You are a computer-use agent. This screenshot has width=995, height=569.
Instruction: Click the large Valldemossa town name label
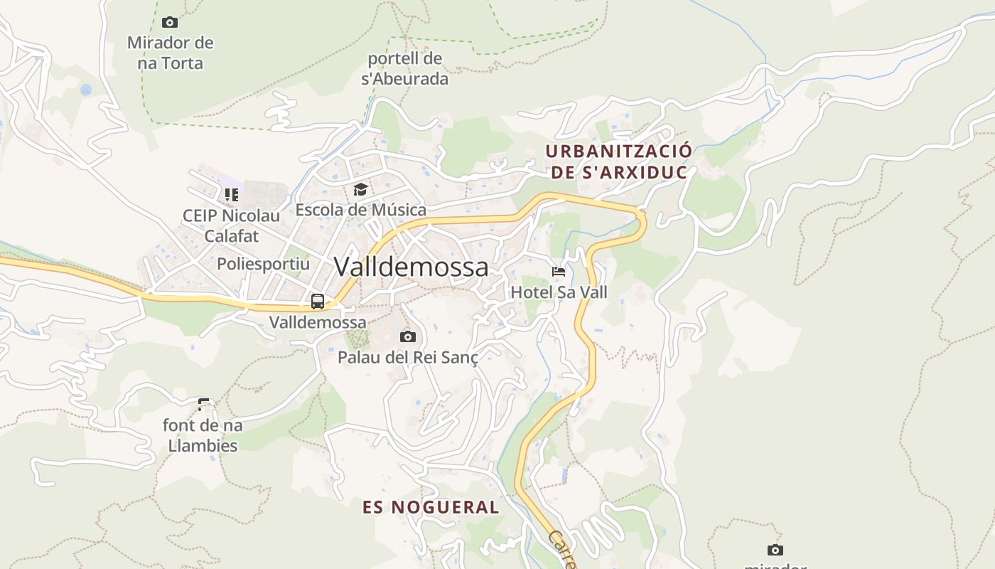click(x=411, y=267)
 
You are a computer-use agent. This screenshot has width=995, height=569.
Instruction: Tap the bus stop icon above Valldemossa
click(x=318, y=301)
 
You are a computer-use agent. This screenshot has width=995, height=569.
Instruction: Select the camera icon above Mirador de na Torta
click(x=170, y=22)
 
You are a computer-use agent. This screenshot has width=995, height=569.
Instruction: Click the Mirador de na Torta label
click(x=171, y=53)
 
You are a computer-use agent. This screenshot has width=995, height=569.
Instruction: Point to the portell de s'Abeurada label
click(x=405, y=68)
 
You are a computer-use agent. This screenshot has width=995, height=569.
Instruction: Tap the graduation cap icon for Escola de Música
click(x=361, y=189)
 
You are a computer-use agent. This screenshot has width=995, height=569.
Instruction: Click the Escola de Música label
click(x=361, y=210)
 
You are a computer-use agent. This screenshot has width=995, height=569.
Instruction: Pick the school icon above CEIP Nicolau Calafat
click(x=232, y=194)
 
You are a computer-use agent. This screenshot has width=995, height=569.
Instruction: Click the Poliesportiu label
click(x=264, y=264)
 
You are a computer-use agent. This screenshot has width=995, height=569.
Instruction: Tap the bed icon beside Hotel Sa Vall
click(x=559, y=271)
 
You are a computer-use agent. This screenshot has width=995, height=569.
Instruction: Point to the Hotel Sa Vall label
click(x=559, y=292)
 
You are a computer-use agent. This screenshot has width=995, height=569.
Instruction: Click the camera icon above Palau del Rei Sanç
click(x=408, y=336)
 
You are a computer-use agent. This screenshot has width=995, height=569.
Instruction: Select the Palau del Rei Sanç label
click(x=408, y=357)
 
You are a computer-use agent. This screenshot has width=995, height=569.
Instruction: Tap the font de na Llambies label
click(x=203, y=435)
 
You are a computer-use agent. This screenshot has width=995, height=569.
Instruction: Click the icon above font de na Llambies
click(x=204, y=405)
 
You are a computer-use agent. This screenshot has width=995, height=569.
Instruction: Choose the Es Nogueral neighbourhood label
click(x=431, y=507)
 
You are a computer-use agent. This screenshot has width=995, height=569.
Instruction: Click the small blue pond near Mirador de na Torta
click(x=86, y=90)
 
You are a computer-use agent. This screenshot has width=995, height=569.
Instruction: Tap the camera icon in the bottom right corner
click(x=775, y=550)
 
